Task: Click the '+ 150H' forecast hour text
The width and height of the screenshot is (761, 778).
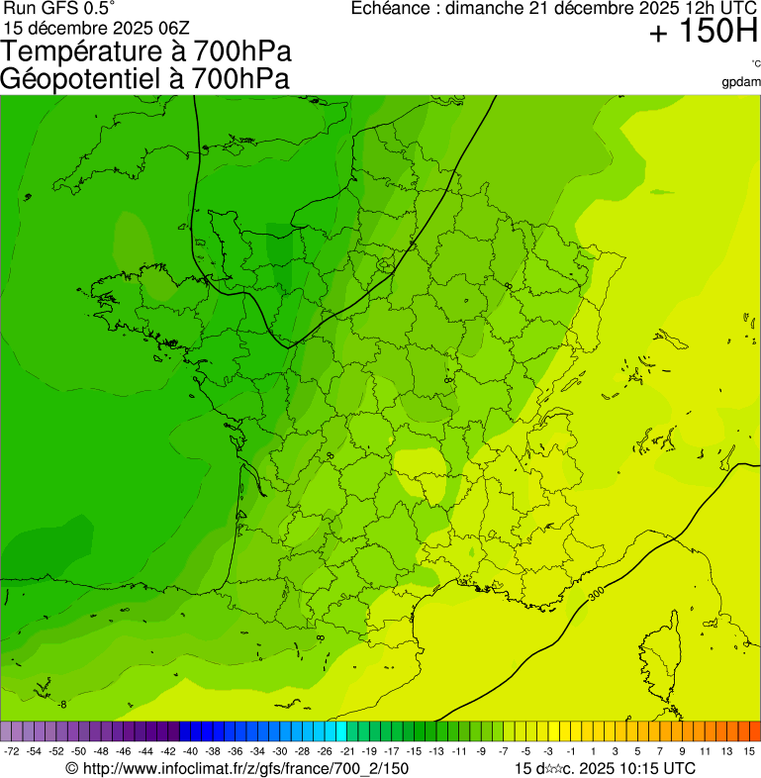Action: point(703,33)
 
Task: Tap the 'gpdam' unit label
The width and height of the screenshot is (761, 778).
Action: point(741,82)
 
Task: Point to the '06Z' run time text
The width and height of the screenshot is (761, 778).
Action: point(181,28)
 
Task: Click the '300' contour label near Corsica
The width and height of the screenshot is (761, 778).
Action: point(596,596)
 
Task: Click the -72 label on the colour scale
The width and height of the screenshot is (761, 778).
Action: point(13,752)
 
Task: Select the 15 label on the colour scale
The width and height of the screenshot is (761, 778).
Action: point(750,752)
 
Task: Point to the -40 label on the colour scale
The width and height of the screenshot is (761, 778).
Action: point(190,752)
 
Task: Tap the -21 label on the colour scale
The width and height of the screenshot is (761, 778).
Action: point(347,752)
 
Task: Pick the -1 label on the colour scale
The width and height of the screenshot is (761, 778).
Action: point(570,752)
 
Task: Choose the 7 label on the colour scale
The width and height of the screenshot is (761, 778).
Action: point(660,752)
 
